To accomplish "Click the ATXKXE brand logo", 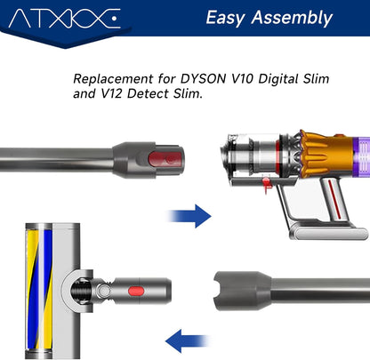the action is (x=65, y=19).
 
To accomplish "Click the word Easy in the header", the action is (x=225, y=18).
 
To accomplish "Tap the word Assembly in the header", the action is (x=292, y=18).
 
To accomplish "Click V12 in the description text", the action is (x=112, y=93).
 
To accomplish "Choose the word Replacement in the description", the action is (x=113, y=79).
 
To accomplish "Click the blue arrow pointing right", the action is (x=189, y=216).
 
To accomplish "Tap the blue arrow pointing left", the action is (x=188, y=340).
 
